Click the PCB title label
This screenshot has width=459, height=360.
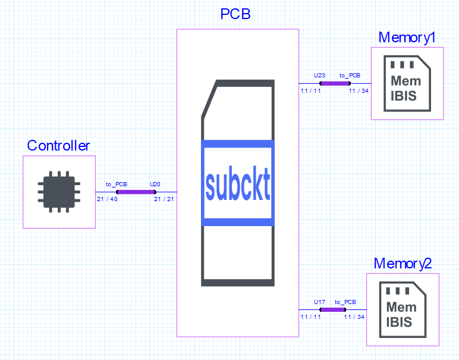pyautogui.click(x=235, y=14)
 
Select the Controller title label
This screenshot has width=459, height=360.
pyautogui.click(x=58, y=146)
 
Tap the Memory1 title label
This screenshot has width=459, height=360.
pyautogui.click(x=407, y=37)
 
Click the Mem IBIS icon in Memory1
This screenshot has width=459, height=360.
pyautogui.click(x=407, y=84)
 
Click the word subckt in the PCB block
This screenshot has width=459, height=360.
pyautogui.click(x=238, y=186)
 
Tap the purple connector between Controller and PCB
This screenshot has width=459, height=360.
pyautogui.click(x=136, y=192)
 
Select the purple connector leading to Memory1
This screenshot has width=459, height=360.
pyautogui.click(x=334, y=83)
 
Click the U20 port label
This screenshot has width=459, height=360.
pyautogui.click(x=155, y=184)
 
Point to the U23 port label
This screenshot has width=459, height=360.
pyautogui.click(x=319, y=76)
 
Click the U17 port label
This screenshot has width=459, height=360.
pyautogui.click(x=319, y=302)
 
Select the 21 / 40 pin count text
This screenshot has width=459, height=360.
pyautogui.click(x=107, y=199)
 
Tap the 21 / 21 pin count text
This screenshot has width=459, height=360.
pyautogui.click(x=164, y=199)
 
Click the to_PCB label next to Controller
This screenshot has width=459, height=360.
pyautogui.click(x=117, y=184)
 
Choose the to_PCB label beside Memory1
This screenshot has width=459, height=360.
pyautogui.click(x=350, y=76)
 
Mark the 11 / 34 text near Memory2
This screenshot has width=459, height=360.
pyautogui.click(x=354, y=317)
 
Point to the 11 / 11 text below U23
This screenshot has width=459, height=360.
pyautogui.click(x=310, y=90)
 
